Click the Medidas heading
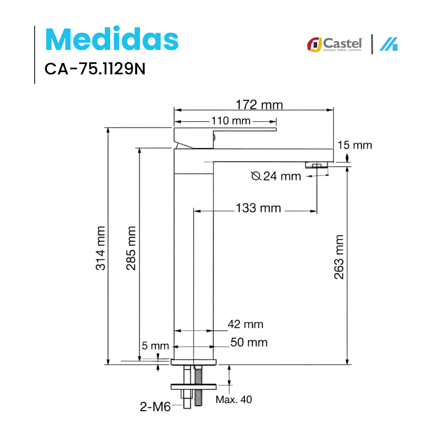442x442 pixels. coord(112,39)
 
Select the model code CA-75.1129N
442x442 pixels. coord(95,69)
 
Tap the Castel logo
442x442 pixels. coord(335,44)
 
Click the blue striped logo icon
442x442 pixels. coord(389,44)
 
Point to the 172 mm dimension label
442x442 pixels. coord(259,105)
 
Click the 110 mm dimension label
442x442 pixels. coord(231,120)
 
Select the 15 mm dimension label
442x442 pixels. coord(354,145)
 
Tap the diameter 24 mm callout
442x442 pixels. coord(276,176)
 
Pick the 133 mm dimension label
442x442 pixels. coord(258,208)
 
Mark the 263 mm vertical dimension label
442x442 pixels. coord(339,257)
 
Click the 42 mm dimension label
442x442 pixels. coord(245,324)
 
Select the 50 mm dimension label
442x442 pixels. coord(249,342)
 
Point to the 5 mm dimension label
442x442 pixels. coord(155,346)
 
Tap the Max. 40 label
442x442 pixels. coord(234,400)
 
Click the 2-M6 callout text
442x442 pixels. coord(155,407)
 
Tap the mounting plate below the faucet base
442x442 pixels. coord(194,386)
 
